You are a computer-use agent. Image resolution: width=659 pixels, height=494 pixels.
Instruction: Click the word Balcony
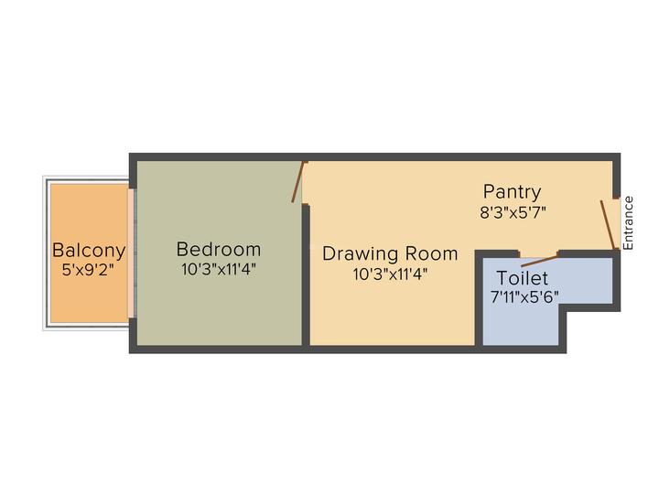click(89, 251)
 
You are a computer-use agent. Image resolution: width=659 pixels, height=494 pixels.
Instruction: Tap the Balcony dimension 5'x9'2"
click(88, 269)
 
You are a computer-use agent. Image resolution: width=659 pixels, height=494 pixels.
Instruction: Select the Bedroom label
click(219, 249)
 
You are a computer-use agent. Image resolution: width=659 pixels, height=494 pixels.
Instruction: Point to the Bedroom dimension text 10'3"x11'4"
click(219, 269)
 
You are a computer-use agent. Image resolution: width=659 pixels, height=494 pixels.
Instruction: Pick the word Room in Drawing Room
click(429, 253)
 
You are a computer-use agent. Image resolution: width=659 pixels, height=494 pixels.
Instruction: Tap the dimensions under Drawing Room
click(390, 274)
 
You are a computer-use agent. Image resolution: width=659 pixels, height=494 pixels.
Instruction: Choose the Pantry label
click(512, 192)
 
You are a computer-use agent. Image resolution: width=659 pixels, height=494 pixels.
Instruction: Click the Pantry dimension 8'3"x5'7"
click(513, 212)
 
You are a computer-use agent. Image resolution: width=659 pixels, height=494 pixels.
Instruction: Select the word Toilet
click(523, 278)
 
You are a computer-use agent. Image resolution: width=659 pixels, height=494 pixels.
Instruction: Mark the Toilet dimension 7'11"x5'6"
click(524, 297)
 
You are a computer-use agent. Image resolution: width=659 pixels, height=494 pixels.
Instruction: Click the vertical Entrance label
click(628, 223)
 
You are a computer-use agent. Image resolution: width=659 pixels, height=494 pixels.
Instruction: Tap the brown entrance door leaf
click(609, 225)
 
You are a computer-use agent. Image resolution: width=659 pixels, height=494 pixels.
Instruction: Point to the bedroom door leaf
click(298, 182)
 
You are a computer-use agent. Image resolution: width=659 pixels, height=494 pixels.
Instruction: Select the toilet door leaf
click(539, 262)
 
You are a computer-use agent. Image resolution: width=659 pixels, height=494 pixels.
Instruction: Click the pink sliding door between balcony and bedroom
click(131, 253)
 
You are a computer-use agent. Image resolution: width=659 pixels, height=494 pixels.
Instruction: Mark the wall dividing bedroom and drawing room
click(306, 275)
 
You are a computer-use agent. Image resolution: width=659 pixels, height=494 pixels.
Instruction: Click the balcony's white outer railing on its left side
click(46, 253)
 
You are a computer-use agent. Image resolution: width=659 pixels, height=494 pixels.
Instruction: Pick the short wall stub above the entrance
click(616, 177)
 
